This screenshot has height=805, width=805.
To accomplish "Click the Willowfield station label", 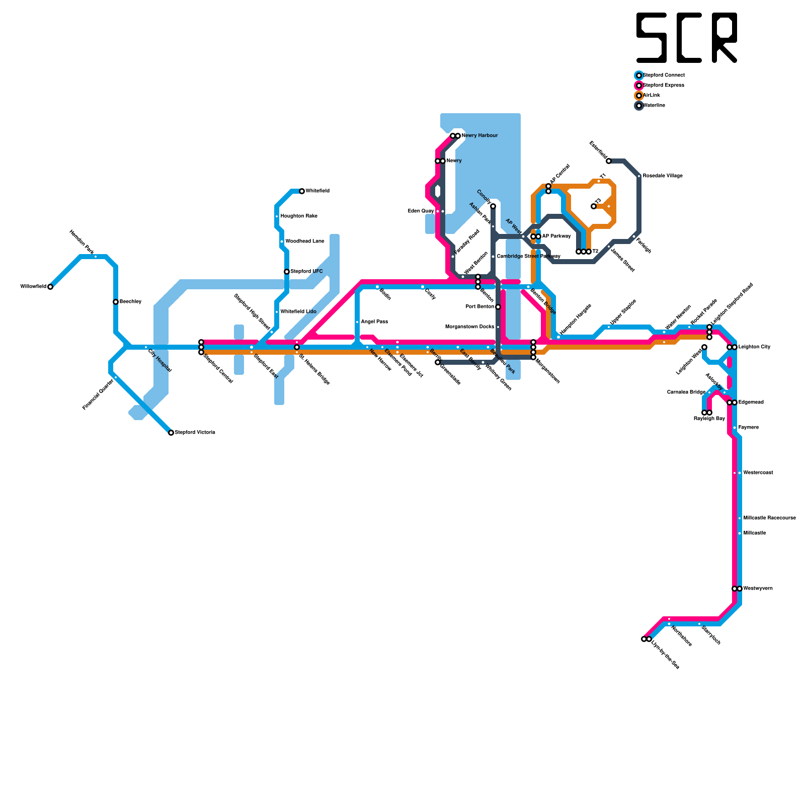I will [x=33, y=287].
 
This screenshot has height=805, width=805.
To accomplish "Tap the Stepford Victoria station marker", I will [x=171, y=433].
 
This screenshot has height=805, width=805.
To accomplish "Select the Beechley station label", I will [x=130, y=302].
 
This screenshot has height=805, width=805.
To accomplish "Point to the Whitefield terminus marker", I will [x=302, y=191].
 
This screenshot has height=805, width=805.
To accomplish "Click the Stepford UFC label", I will [x=306, y=272].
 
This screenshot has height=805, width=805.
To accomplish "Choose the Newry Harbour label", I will [x=479, y=136].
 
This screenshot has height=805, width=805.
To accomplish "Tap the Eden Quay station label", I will [x=421, y=211].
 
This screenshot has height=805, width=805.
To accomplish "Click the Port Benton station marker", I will [x=498, y=307].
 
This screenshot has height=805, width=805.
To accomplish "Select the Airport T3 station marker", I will [x=594, y=206].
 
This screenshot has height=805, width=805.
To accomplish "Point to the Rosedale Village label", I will [x=663, y=176].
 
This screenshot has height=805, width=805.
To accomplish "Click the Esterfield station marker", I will [x=609, y=161].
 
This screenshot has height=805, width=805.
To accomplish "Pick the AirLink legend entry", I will [x=651, y=96].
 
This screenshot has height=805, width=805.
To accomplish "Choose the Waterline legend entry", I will [x=654, y=106].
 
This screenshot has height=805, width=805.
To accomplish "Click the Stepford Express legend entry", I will [x=663, y=86].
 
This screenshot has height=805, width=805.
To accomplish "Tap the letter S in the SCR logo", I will [x=652, y=38].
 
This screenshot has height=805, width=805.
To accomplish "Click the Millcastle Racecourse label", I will [x=769, y=518].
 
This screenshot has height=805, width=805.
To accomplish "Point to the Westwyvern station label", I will [x=758, y=589].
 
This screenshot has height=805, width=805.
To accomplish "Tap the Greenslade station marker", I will [x=438, y=362].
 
